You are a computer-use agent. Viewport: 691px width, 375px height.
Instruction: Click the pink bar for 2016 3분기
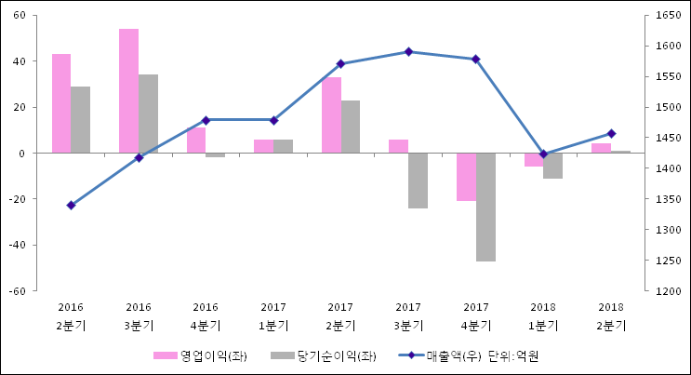point(128,91)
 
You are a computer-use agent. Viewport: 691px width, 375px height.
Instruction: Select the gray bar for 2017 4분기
point(485,207)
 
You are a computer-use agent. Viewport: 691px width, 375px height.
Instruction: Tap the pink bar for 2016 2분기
point(61,103)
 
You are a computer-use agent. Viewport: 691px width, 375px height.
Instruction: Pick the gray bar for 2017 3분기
point(418,181)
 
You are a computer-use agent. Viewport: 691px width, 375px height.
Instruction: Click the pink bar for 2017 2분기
point(331,115)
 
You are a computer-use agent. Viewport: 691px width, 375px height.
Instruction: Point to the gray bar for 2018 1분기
point(552,166)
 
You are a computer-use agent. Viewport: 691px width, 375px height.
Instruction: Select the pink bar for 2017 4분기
point(466,177)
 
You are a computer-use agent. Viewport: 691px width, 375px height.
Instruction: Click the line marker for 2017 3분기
point(408,52)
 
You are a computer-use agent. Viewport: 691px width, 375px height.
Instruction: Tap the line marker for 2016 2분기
point(71,205)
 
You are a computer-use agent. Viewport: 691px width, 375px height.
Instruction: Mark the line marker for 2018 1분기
point(543,154)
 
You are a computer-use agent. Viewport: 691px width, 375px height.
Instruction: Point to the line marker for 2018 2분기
point(611,133)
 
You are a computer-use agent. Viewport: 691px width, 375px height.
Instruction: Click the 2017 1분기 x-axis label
point(273,316)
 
